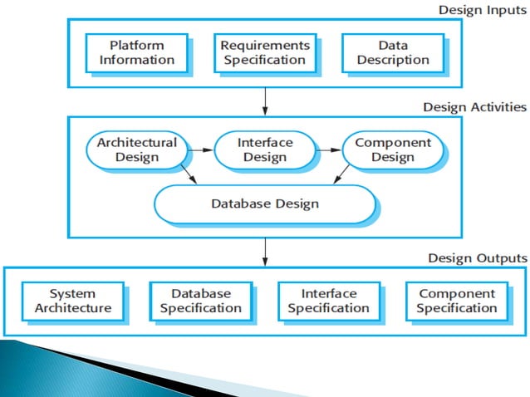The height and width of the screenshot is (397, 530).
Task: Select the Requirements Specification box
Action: click(x=265, y=52)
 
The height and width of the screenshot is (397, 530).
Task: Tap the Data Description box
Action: click(x=392, y=52)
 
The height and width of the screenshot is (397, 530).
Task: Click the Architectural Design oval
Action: click(x=137, y=149)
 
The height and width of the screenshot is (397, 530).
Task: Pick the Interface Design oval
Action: click(x=265, y=149)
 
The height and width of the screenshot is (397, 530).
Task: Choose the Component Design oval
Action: click(x=393, y=149)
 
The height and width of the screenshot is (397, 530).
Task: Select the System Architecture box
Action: click(x=72, y=301)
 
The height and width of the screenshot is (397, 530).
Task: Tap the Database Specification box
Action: click(x=201, y=301)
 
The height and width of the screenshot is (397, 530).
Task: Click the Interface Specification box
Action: click(x=328, y=301)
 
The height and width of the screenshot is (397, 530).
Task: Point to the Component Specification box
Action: click(x=456, y=301)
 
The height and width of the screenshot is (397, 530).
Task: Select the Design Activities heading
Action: click(x=474, y=107)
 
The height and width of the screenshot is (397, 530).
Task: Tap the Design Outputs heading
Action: click(x=477, y=257)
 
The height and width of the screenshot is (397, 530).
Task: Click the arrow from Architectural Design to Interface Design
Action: click(x=201, y=150)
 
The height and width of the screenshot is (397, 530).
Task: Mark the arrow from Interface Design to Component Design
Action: click(x=329, y=150)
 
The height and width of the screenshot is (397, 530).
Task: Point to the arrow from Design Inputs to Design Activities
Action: click(x=265, y=100)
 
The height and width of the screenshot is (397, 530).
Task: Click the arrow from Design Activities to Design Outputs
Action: click(x=265, y=250)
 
